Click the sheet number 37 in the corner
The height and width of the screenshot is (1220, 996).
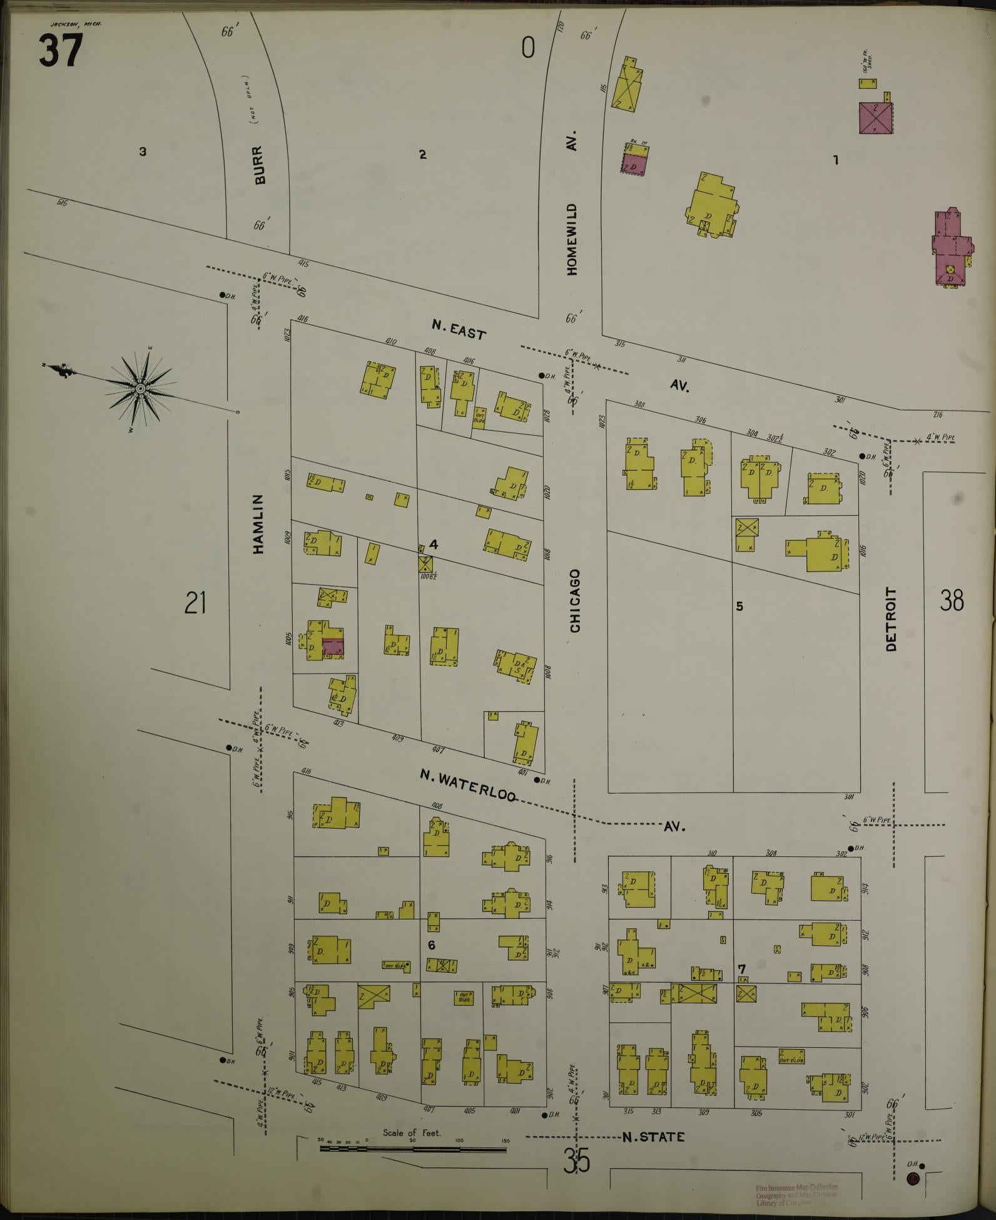[60, 51]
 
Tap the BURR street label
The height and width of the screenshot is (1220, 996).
[260, 165]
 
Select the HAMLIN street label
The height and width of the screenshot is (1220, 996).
[259, 524]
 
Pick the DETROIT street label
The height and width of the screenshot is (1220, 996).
[892, 618]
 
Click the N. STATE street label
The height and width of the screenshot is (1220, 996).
[653, 1137]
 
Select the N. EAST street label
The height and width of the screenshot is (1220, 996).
[459, 330]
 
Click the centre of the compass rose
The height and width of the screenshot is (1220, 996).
[141, 389]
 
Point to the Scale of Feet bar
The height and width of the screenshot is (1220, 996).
[414, 1149]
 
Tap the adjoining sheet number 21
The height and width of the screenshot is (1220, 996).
[195, 603]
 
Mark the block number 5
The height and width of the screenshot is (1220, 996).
[739, 606]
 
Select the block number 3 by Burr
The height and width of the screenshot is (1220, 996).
[143, 151]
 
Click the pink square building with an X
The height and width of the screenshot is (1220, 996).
[875, 117]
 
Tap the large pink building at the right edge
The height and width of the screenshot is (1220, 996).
[950, 247]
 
